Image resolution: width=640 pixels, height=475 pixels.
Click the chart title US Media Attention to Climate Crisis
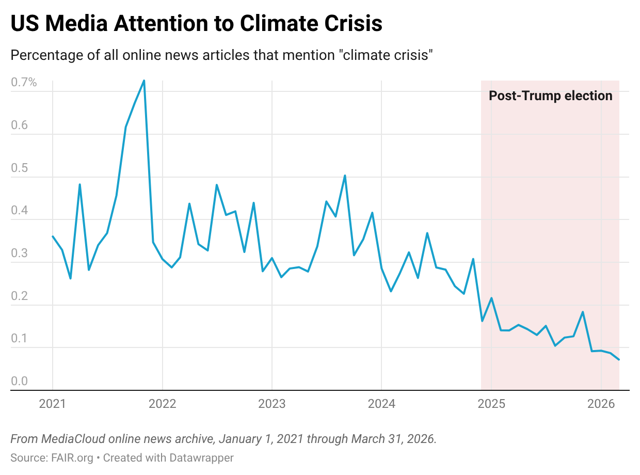(x=196, y=24)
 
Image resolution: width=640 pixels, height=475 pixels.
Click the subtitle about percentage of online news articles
(x=221, y=55)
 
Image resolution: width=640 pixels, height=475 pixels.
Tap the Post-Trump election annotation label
(x=550, y=96)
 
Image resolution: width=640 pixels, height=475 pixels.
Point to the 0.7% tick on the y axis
(x=24, y=82)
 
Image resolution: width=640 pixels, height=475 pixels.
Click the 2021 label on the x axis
(x=53, y=404)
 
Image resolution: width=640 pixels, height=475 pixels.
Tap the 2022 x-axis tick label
(x=162, y=404)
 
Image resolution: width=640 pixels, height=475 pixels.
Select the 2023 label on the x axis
(x=271, y=404)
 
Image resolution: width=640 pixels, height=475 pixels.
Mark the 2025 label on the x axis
(x=491, y=404)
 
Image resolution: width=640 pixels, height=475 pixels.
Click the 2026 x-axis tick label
(x=601, y=404)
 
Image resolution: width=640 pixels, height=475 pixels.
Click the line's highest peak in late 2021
(x=144, y=81)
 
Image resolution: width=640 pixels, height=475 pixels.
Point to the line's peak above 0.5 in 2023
(x=345, y=176)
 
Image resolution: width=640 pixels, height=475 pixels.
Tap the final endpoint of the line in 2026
(x=619, y=360)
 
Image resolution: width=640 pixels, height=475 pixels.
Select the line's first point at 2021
(x=53, y=236)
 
